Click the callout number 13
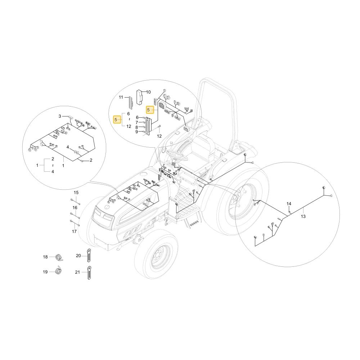303,216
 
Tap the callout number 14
289,204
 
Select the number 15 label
76,193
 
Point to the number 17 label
74,231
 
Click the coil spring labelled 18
60,257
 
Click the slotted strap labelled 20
89,255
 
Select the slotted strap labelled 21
89,273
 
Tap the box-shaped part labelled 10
140,97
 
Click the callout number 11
121,97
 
